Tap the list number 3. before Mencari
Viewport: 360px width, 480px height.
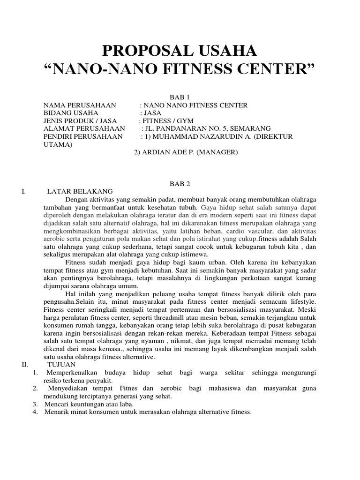pos(35,404)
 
